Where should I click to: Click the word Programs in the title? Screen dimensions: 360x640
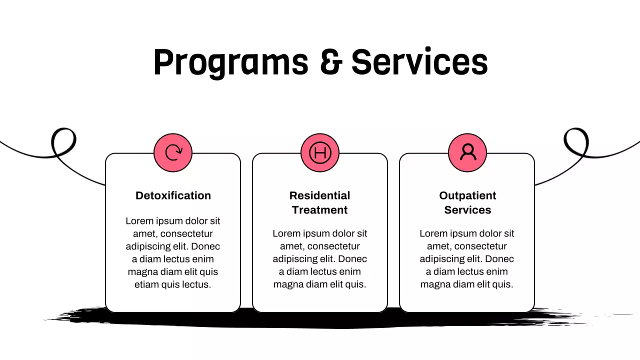[230, 62]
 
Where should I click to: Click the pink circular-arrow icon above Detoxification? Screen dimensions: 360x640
[173, 152]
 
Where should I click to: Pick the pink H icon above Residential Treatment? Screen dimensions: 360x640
[320, 152]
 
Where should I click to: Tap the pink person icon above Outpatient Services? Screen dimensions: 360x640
[467, 152]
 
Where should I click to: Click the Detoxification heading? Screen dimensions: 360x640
[173, 195]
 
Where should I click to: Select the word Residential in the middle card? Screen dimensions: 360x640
[320, 195]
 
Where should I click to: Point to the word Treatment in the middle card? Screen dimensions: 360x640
[320, 210]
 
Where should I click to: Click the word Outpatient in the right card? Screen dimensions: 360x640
[467, 195]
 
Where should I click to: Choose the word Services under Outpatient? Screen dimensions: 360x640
[467, 210]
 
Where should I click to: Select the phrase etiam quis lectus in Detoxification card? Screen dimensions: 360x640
[173, 284]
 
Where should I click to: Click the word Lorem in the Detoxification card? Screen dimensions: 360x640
[138, 221]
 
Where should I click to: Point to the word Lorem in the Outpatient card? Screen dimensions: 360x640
[432, 233]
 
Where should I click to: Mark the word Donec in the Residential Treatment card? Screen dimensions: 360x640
[353, 259]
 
